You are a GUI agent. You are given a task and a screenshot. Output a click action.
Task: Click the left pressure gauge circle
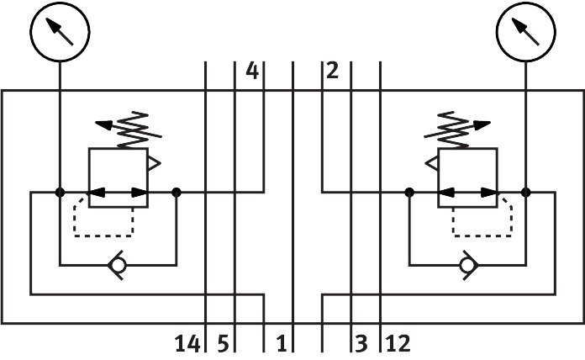click(x=59, y=32)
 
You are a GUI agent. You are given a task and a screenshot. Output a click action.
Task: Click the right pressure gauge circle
click(x=526, y=32)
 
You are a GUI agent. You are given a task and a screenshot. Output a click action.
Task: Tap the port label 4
click(x=252, y=71)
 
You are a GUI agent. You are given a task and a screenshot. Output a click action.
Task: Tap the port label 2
click(x=332, y=71)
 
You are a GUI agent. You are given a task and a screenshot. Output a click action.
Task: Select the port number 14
click(x=187, y=344)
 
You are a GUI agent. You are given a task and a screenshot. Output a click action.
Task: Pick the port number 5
click(x=223, y=344)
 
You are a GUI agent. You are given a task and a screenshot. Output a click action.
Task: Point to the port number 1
click(x=281, y=344)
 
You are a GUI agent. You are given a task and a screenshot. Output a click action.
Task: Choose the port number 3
click(x=361, y=344)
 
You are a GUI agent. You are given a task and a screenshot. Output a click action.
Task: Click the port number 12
click(x=398, y=344)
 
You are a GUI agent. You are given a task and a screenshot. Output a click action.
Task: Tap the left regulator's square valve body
click(x=118, y=178)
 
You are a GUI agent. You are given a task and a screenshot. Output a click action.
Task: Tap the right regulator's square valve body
click(x=467, y=178)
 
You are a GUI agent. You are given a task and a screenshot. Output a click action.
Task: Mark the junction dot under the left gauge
click(x=60, y=193)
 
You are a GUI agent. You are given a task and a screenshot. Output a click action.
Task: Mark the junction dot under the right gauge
click(x=526, y=193)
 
